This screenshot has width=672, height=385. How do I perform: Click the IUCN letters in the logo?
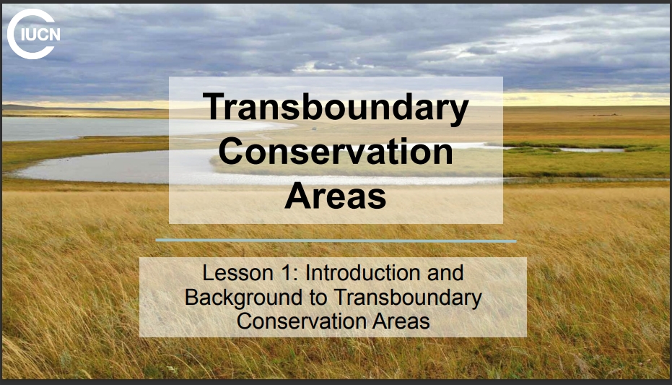[x=40, y=35]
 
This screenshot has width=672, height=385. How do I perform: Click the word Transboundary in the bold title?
[x=336, y=108]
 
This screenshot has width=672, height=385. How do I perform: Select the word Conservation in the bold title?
[x=336, y=152]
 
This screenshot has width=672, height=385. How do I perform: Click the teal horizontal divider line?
[x=336, y=241]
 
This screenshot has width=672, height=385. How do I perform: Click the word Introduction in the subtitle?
[x=362, y=273]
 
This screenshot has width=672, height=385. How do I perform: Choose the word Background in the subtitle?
[x=243, y=298]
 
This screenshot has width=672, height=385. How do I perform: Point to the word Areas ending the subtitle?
[x=401, y=321]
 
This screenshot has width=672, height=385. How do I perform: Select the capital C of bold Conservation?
[x=232, y=152]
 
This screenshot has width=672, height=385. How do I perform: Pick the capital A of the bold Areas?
[x=298, y=196]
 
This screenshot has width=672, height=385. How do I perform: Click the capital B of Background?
[x=191, y=298]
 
